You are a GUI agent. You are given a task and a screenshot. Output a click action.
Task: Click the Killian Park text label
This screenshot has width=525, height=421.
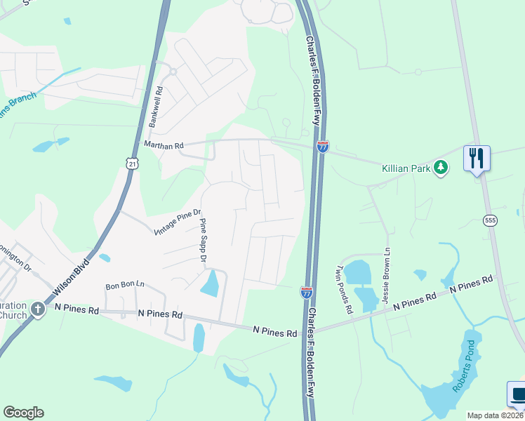point(406,168)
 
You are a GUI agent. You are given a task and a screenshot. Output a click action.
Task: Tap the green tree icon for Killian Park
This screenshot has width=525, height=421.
point(441,168)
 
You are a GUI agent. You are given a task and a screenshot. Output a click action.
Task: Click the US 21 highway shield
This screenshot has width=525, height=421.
point(133,163)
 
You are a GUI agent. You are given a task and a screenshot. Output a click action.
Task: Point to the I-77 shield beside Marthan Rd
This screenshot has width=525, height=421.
point(322,147)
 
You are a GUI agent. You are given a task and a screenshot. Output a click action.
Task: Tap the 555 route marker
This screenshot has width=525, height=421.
point(490,220)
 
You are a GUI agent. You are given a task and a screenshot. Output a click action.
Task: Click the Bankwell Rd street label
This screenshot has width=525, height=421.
point(155,107)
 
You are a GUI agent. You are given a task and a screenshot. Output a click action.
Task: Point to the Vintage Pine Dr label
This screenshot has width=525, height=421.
point(178,222)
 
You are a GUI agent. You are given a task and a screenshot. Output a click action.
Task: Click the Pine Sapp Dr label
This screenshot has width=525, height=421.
point(204,241)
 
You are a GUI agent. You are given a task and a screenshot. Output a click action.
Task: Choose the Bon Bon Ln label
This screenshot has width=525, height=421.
point(124,286)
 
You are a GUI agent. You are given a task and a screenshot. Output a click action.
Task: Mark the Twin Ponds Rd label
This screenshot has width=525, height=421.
point(343,288)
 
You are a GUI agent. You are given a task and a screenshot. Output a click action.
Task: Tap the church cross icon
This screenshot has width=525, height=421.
point(36,309)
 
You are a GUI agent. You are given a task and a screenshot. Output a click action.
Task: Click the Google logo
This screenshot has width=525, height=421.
point(23,413)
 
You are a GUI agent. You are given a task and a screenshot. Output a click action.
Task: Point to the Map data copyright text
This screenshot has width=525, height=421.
point(495,415)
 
